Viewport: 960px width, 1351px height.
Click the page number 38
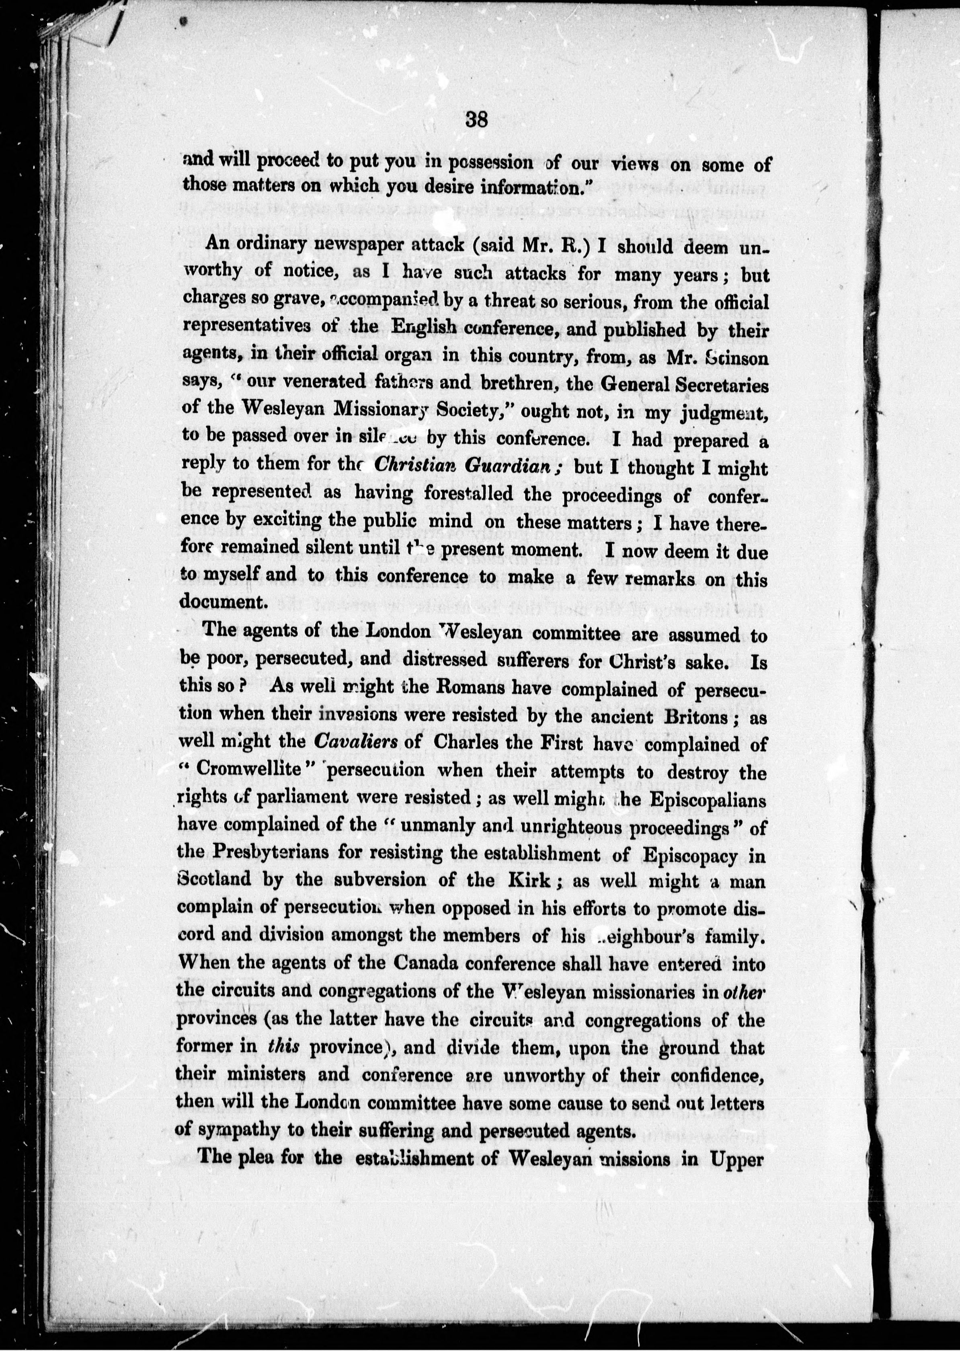pyautogui.click(x=476, y=120)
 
